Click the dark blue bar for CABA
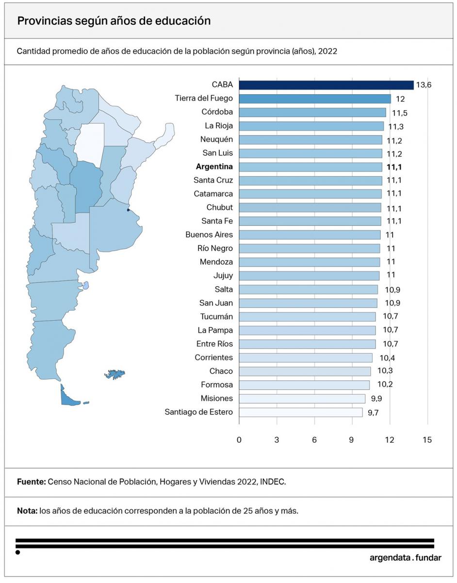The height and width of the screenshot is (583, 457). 326,85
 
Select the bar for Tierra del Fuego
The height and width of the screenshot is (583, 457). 314,99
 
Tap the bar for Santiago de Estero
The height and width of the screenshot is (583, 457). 300,412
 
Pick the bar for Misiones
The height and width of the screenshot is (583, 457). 302,398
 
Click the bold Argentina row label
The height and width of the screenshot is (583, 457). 214,167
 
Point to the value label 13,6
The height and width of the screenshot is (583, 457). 423,85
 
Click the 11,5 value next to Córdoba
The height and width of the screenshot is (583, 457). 400,113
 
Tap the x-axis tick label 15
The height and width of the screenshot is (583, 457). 427,440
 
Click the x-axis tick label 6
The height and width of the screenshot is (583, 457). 314,440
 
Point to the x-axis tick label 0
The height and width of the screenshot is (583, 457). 239,440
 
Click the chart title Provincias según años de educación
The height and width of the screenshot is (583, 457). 114,21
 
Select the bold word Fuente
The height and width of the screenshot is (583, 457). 31,482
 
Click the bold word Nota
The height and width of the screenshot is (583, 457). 27,511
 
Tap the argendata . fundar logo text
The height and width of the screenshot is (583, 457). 405,558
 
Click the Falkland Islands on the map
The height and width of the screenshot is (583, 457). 115,374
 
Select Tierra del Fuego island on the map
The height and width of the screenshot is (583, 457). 68,397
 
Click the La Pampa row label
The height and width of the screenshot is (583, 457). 215,330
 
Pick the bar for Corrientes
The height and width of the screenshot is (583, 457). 305,358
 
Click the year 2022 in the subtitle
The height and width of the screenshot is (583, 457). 327,51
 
